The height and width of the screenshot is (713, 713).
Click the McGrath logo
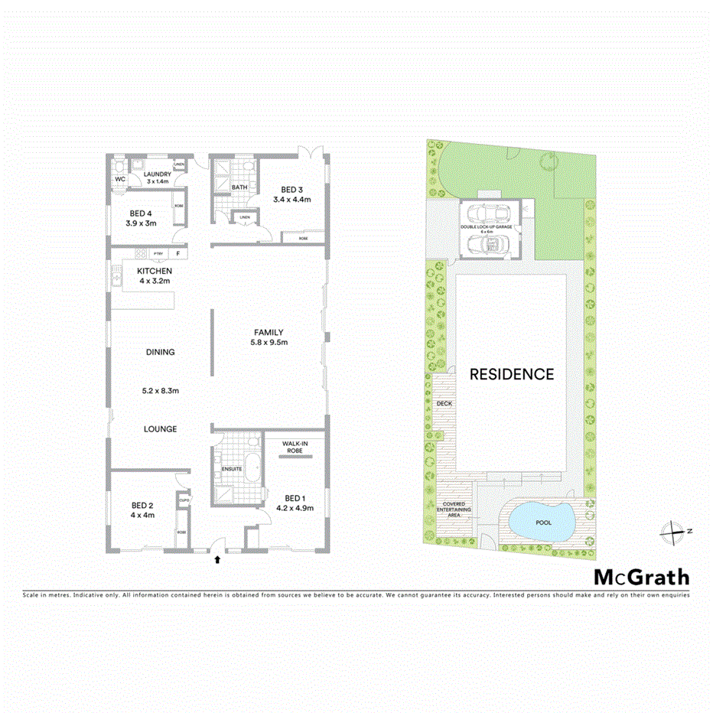tap(642, 578)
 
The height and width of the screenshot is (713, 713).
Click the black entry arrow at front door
tap(218, 560)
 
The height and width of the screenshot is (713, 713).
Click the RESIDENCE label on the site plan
tap(511, 374)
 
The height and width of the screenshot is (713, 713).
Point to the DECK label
tap(444, 402)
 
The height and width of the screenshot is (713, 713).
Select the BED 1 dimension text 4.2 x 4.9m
tap(294, 507)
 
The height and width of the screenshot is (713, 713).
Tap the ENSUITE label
tap(232, 467)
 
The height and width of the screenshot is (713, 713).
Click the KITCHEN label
tap(154, 271)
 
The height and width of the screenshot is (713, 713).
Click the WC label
tap(119, 179)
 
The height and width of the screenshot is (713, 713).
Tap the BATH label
tap(239, 187)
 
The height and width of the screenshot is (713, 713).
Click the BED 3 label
tap(292, 189)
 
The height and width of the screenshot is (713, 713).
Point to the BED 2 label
tap(142, 505)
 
